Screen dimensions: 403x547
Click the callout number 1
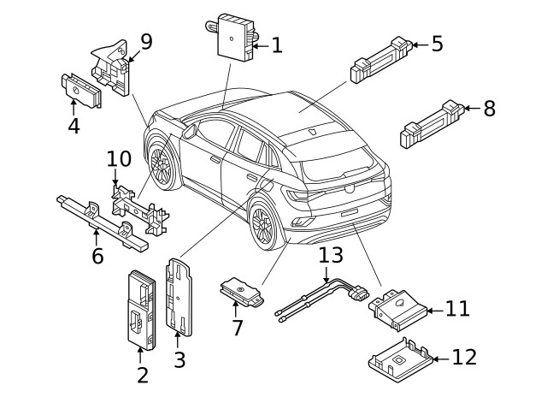click(x=276, y=45)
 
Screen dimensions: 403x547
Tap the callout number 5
click(x=437, y=44)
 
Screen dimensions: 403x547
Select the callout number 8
click(x=489, y=109)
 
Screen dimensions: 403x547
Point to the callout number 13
click(x=330, y=256)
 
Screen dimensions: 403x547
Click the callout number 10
click(x=120, y=159)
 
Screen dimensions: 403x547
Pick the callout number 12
click(x=464, y=357)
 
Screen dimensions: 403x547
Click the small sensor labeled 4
click(x=79, y=91)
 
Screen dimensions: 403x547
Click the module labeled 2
click(x=140, y=308)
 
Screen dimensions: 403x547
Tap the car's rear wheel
click(x=263, y=225)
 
